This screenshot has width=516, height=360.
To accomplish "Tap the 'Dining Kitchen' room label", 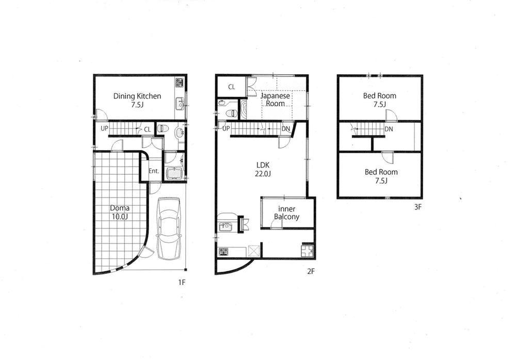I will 137,96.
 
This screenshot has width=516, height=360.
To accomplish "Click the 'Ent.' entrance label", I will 154,171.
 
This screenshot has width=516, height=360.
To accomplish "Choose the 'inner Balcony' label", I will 286,212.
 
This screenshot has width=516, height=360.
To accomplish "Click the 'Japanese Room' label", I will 275,100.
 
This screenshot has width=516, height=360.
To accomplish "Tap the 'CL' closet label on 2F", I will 232,87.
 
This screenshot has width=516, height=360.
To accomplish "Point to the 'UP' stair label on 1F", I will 104,129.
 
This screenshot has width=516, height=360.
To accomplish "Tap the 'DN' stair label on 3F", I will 389,129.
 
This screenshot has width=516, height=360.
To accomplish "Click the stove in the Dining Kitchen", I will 179,82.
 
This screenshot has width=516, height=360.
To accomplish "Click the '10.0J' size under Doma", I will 119,217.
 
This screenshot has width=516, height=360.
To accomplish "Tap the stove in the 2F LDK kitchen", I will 224,252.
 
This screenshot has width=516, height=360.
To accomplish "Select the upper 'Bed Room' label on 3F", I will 379,96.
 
